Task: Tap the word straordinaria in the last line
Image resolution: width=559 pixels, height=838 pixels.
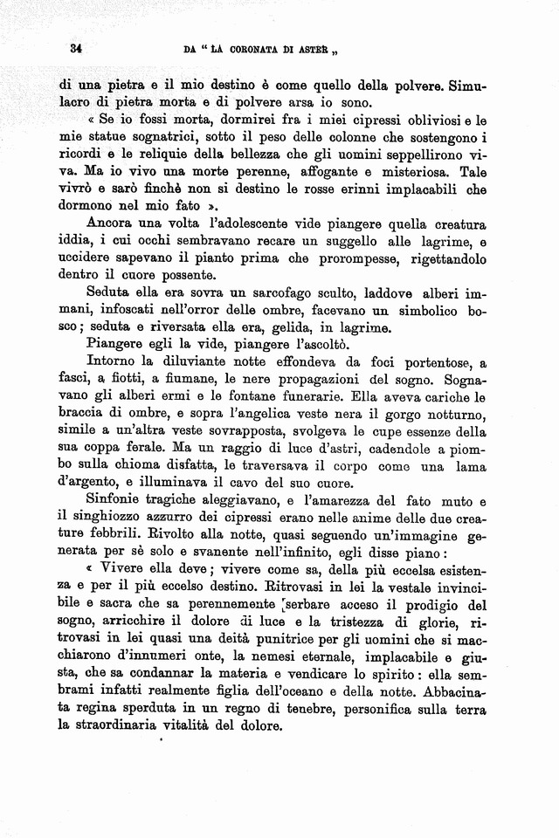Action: click(125, 725)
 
